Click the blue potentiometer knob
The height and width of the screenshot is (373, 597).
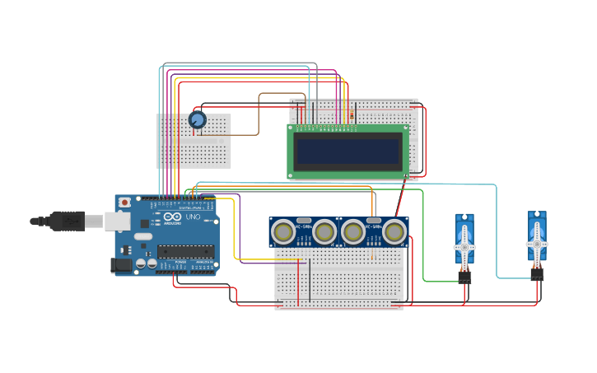[x=197, y=120]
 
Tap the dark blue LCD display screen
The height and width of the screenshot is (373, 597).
[x=348, y=151]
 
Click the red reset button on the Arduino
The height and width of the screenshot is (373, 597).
[x=124, y=202]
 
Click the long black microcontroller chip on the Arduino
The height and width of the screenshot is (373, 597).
[x=186, y=251]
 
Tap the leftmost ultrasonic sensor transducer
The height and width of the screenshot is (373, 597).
[x=283, y=233]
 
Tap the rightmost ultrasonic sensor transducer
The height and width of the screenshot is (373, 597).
[x=394, y=233]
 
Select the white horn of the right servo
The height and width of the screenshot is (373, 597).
[x=537, y=244]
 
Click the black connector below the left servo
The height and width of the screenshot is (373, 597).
[x=464, y=277]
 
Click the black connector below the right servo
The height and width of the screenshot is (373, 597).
[x=537, y=274]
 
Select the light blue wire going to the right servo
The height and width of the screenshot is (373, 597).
[x=497, y=231]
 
